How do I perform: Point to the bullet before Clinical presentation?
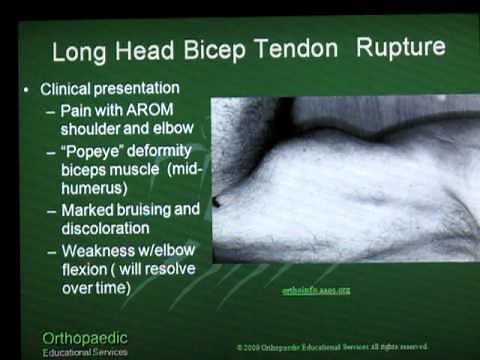click(x=27, y=89)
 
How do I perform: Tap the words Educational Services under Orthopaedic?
click(x=85, y=352)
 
